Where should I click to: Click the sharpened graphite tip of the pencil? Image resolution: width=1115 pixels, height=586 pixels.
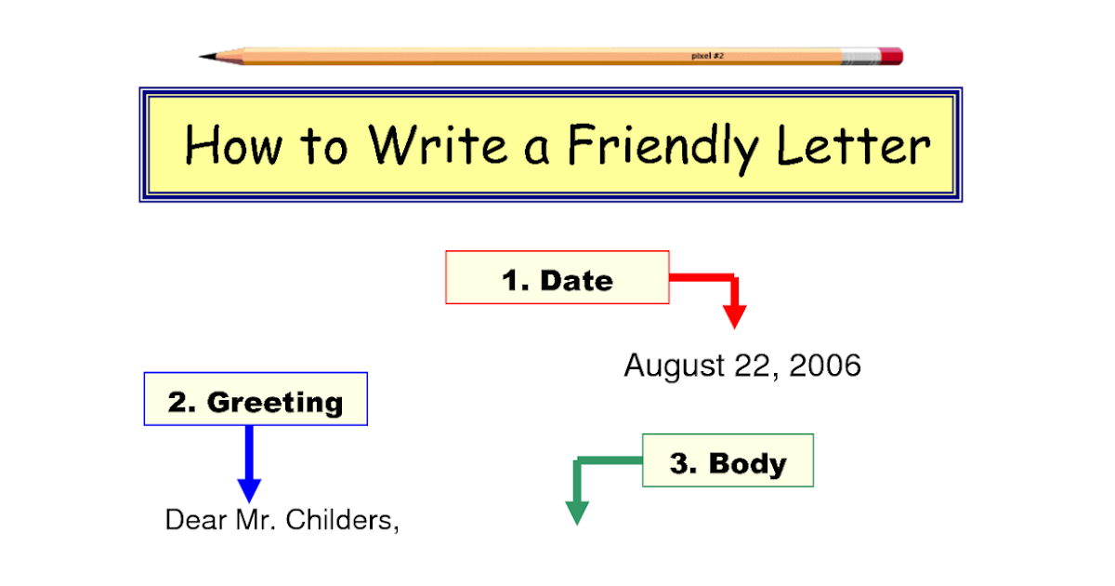(205, 57)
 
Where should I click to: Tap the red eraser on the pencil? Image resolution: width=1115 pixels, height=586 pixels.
(890, 56)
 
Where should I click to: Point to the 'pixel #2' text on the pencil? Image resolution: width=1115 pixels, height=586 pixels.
(707, 56)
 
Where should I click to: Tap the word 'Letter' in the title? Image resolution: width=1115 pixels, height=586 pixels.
(854, 145)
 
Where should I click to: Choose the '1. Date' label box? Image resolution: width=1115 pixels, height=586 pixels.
(557, 277)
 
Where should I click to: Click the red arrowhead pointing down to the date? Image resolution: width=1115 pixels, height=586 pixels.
(735, 315)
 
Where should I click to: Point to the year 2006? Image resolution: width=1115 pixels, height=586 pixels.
(825, 366)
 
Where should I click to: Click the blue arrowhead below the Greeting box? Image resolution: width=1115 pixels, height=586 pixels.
(249, 489)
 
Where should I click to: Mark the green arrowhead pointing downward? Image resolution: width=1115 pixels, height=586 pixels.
(577, 513)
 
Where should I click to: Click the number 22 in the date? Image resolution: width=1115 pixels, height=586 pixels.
(754, 366)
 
